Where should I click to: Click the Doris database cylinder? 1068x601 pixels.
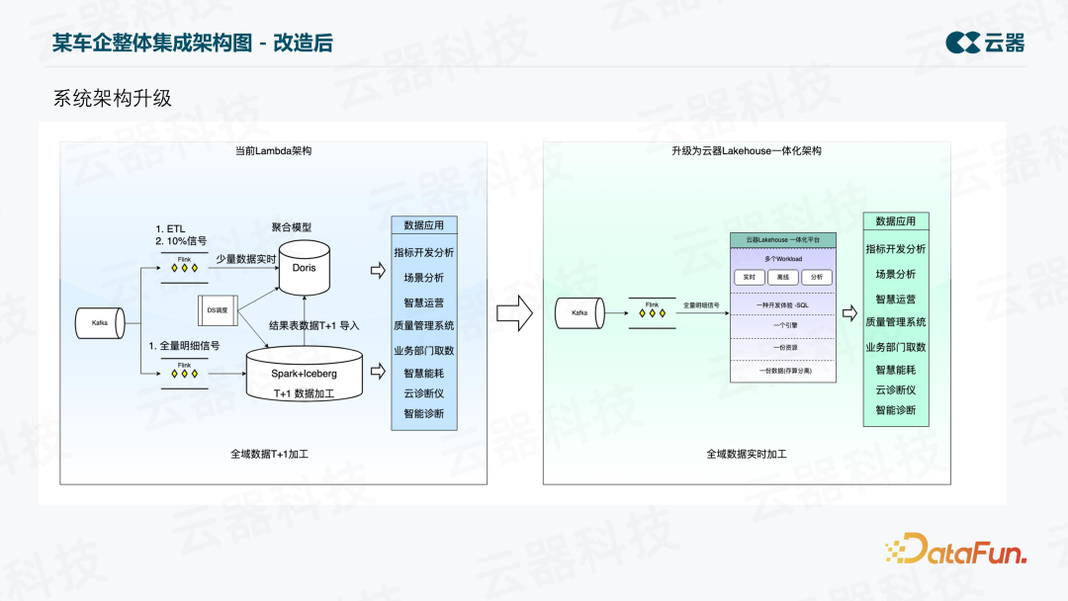pos(303,267)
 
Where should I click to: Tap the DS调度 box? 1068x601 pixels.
pos(217,310)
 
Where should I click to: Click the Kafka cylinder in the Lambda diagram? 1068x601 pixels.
pos(101,322)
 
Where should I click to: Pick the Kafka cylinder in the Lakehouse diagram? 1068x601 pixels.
pos(578,313)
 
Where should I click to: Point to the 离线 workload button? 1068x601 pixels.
pos(782,277)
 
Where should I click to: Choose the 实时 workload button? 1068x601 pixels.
pos(749,277)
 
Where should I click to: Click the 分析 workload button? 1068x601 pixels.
pos(816,277)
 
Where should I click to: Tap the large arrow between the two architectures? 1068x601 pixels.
pos(514,314)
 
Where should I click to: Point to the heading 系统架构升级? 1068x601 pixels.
pos(113,99)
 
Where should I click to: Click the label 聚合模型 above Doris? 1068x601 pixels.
pos(292,226)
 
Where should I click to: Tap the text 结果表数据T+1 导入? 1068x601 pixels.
pos(314,324)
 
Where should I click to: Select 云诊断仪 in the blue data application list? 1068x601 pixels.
pos(424,393)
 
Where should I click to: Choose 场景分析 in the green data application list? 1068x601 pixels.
pos(896,274)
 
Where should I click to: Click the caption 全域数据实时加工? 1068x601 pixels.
pos(747,454)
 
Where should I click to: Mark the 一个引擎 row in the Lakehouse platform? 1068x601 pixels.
pos(782,323)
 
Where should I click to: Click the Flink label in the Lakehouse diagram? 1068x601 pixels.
pos(652,304)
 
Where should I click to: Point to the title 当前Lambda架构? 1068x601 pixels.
pos(273,151)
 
